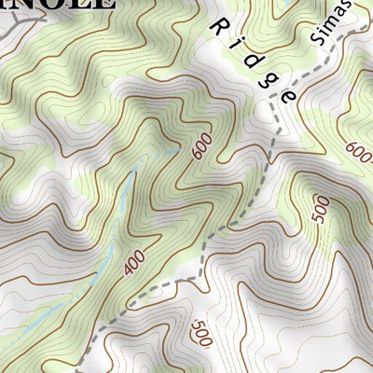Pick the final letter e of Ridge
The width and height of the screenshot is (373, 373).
289,94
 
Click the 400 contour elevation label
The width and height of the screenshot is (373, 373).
132,264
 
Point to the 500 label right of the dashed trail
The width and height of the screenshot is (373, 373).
321,211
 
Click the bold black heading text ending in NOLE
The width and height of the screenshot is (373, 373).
56,3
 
